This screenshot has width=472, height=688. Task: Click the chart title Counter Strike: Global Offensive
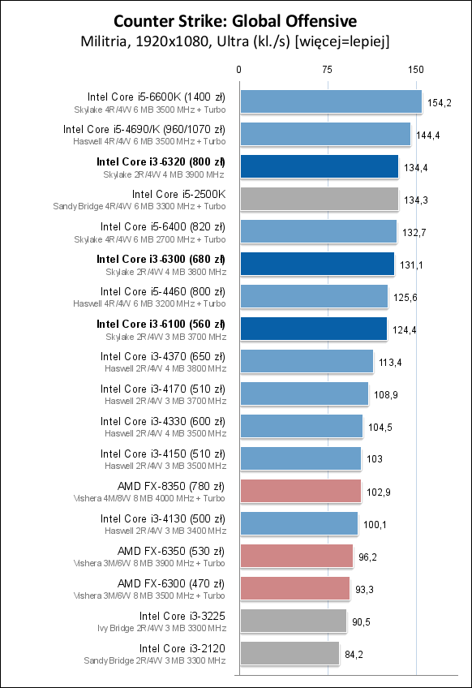click(x=235, y=19)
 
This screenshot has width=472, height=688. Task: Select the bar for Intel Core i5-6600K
click(x=330, y=101)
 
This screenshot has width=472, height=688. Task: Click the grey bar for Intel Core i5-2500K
click(x=318, y=199)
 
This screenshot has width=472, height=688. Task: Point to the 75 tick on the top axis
click(x=328, y=70)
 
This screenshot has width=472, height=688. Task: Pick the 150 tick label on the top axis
click(x=416, y=70)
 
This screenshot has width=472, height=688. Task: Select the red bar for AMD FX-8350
click(x=299, y=491)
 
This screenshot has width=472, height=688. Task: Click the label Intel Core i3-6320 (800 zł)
click(x=161, y=161)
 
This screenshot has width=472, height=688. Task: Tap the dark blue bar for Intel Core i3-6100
click(x=312, y=329)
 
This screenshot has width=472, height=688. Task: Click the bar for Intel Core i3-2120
click(x=289, y=653)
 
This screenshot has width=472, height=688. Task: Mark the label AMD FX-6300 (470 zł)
click(x=171, y=583)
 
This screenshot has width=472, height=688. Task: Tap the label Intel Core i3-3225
click(x=182, y=616)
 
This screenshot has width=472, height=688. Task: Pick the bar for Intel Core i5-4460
click(x=313, y=296)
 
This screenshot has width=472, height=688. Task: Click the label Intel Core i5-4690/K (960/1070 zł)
click(x=144, y=129)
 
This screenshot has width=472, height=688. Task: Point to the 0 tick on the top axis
click(x=239, y=70)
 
